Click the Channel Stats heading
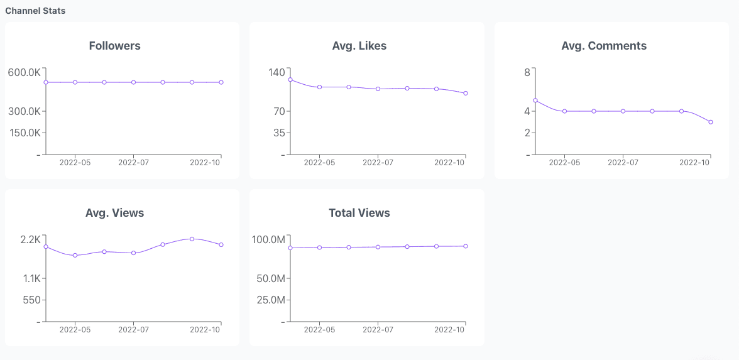click(35, 11)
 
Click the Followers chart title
click(115, 46)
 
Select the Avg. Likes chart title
click(359, 46)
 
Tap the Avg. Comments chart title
click(604, 46)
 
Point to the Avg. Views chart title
click(115, 213)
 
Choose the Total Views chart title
click(359, 213)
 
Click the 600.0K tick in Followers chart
click(24, 73)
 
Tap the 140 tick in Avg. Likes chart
click(277, 73)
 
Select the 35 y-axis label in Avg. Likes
click(279, 133)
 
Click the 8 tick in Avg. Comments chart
click(527, 73)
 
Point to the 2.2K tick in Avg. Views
click(30, 240)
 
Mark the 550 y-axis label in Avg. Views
click(31, 300)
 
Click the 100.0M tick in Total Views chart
click(268, 240)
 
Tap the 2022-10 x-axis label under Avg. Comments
click(695, 163)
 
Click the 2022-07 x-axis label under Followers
click(133, 163)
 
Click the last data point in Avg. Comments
click(711, 122)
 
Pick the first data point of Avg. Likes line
click(290, 80)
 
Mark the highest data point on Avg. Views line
click(192, 239)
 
